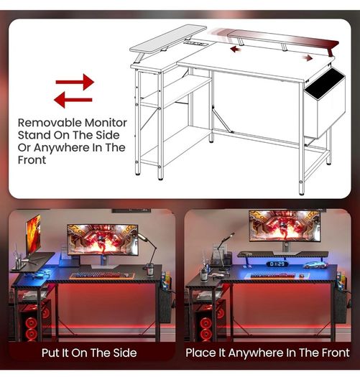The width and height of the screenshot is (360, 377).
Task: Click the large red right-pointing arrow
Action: click(x=75, y=82)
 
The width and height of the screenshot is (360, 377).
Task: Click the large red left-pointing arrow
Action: click(x=73, y=100)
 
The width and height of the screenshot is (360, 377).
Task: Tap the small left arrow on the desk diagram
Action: click(x=235, y=50)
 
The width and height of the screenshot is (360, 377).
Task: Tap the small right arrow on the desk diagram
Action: click(x=308, y=57)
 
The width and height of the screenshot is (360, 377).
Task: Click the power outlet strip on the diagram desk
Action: click(x=196, y=44)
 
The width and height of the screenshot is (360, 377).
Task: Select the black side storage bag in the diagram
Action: click(x=325, y=103)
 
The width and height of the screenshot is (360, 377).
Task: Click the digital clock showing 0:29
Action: click(x=277, y=264)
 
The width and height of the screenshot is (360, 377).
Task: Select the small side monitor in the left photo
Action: click(x=33, y=234)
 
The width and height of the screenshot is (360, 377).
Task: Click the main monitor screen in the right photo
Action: click(x=285, y=225)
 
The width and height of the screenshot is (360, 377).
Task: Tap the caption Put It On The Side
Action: click(x=89, y=353)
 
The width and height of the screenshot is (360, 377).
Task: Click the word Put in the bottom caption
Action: click(x=50, y=353)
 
